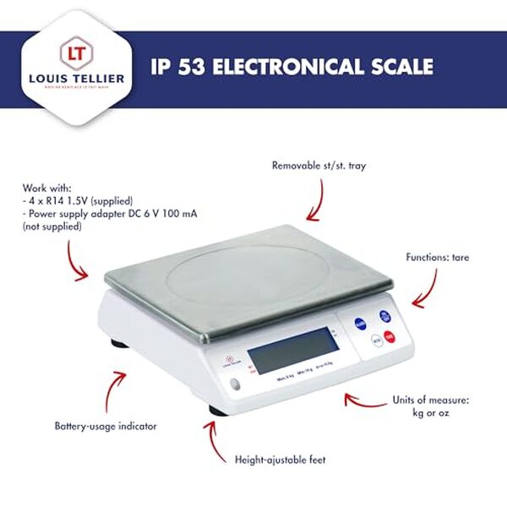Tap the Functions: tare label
click(437, 257)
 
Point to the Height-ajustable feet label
click(280, 461)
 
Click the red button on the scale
click(390, 338)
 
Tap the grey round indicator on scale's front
click(234, 385)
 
